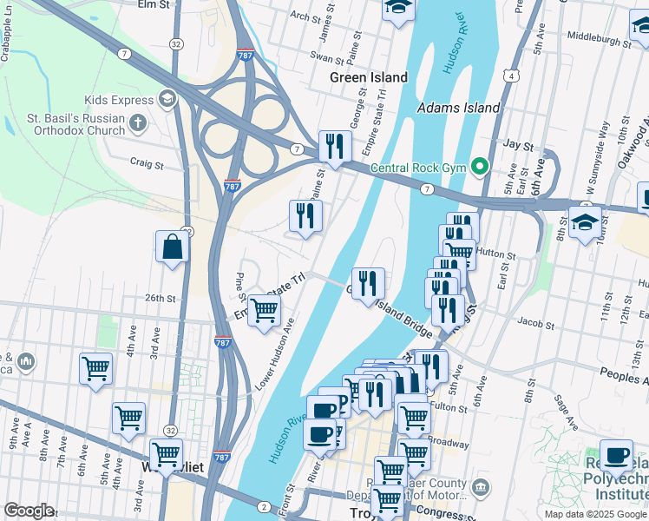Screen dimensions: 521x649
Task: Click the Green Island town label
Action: coord(368,77)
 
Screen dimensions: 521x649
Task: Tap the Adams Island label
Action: coord(458,108)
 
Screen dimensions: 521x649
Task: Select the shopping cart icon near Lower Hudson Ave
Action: coord(264,311)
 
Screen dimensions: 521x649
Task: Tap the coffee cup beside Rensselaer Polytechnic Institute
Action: coord(616,454)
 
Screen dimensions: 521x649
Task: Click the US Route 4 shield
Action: coord(514,76)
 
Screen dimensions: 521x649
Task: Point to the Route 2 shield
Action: coord(263,506)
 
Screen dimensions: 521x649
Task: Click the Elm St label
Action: coord(153,4)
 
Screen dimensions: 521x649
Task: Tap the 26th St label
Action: coord(161,298)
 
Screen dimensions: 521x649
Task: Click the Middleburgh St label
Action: coord(598,37)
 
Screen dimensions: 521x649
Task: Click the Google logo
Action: coord(29,511)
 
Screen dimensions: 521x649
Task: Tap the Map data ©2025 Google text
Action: coord(594,514)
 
